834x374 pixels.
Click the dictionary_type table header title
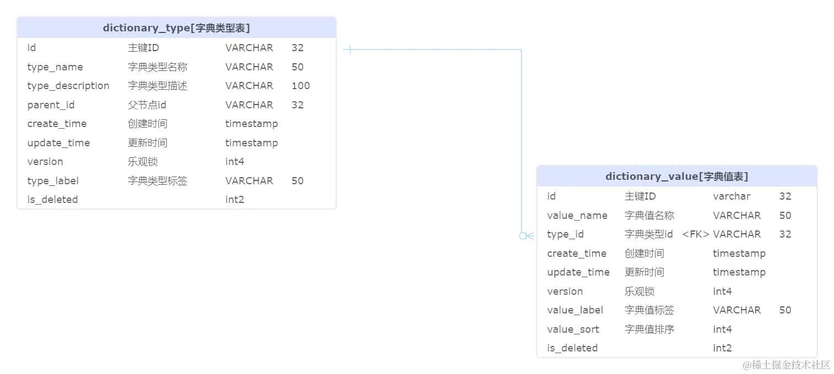(x=176, y=28)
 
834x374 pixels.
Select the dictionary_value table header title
(x=676, y=177)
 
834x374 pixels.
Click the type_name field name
(x=55, y=67)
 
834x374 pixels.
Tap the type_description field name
(x=68, y=86)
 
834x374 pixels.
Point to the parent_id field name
(x=51, y=105)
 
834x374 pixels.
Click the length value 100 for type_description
(x=300, y=86)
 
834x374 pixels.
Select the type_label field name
(x=53, y=181)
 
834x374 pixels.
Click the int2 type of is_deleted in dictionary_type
(x=234, y=200)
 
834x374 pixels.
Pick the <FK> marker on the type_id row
(x=695, y=234)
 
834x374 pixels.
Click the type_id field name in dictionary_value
(x=565, y=234)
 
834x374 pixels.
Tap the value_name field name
(x=577, y=216)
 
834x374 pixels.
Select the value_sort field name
(x=573, y=329)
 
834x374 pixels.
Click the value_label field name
(x=575, y=310)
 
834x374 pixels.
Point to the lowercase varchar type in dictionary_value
(x=731, y=196)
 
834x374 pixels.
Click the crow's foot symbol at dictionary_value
(x=526, y=236)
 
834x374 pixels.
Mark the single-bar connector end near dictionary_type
(x=350, y=50)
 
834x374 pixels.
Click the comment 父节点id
(x=147, y=105)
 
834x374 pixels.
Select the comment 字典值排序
(x=649, y=329)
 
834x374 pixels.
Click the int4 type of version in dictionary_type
(x=234, y=162)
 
